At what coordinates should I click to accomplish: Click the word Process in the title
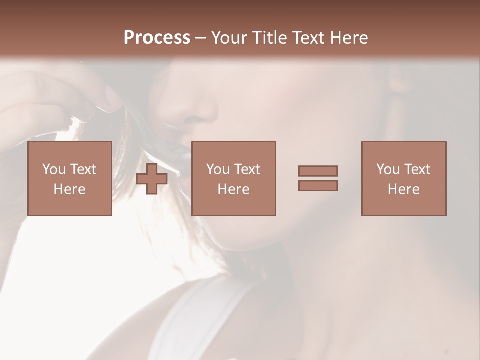coord(157,38)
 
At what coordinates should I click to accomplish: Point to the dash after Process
coord(201,38)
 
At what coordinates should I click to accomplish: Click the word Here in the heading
coord(348,38)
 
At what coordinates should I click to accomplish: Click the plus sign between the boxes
coord(152,179)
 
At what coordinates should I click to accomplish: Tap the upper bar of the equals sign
coord(318,171)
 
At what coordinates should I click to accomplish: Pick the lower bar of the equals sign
coord(318,186)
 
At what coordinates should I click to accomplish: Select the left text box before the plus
coord(70,178)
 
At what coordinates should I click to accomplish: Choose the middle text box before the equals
coord(234,178)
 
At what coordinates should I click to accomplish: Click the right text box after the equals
coord(404,178)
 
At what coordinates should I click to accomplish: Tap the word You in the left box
coord(54,169)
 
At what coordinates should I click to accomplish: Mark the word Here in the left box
coord(70,189)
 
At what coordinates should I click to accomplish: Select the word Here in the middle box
coord(234,189)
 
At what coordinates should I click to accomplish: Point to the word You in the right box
coord(388,169)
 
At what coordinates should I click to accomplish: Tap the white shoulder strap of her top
coord(200,320)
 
